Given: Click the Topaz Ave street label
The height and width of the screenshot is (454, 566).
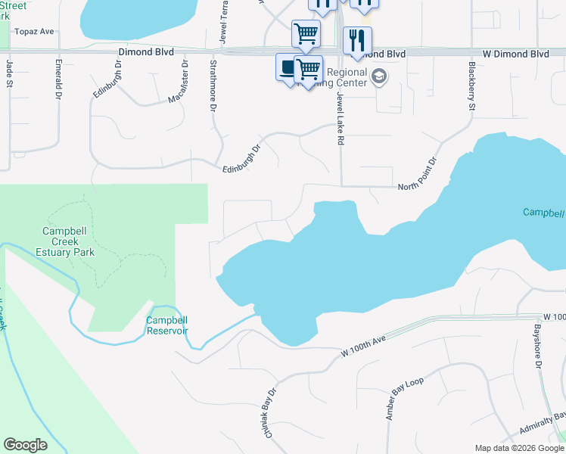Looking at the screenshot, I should (x=36, y=33).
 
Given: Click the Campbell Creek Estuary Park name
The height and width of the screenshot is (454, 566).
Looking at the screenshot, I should (x=67, y=241).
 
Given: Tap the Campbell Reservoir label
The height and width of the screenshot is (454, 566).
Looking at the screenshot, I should (x=166, y=325).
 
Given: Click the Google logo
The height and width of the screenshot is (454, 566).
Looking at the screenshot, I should (x=26, y=445).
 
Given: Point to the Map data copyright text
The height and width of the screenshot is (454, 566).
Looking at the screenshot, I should (x=520, y=448).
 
